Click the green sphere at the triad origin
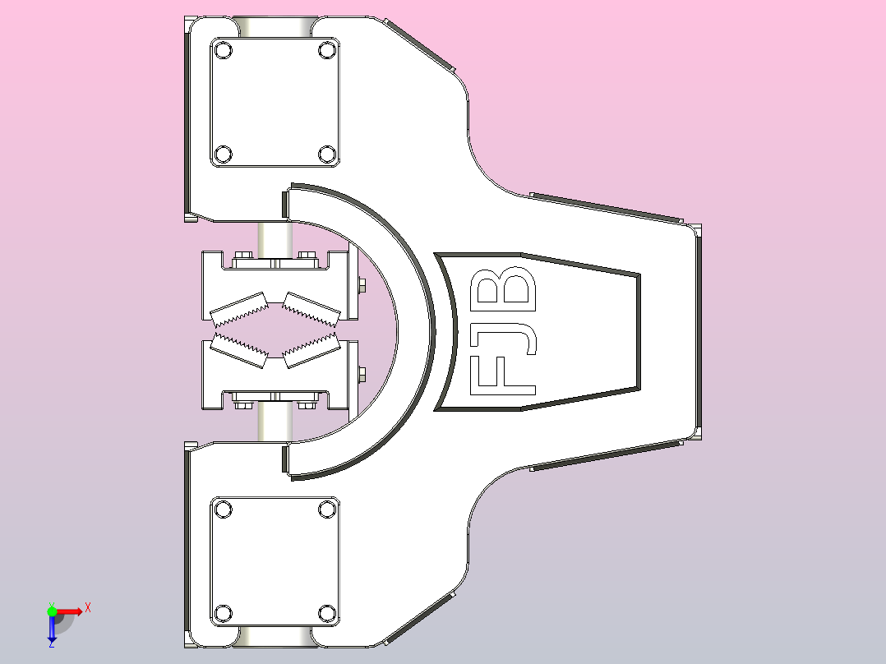pyautogui.click(x=52, y=611)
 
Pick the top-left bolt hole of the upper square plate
pyautogui.click(x=223, y=50)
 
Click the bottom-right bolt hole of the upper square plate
pyautogui.click(x=326, y=154)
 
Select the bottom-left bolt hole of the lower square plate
pyautogui.click(x=223, y=613)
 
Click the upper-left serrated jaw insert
pyautogui.click(x=239, y=308)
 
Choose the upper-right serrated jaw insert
pyautogui.click(x=311, y=308)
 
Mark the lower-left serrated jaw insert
pyautogui.click(x=239, y=348)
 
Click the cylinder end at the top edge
pyautogui.click(x=275, y=26)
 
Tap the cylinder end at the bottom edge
pyautogui.click(x=275, y=637)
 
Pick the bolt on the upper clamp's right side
pyautogui.click(x=362, y=286)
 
